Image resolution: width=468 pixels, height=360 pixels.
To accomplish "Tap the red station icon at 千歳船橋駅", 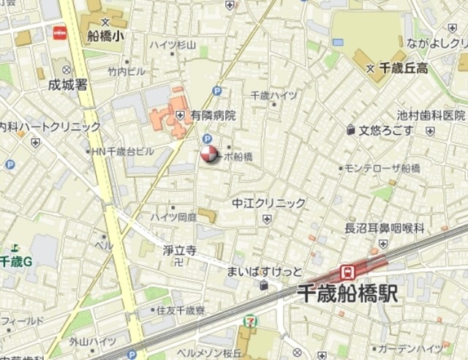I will pos(349,272).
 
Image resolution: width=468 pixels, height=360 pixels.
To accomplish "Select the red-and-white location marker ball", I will pos(209,154).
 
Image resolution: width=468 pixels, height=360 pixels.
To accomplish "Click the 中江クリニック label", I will pos(268,203).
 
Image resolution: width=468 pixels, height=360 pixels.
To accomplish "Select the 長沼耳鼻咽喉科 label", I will pos(385,228).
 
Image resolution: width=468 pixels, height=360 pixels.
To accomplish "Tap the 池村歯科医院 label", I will pos(431,115).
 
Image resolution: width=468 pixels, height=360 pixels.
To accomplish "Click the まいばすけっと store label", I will pos(264,271).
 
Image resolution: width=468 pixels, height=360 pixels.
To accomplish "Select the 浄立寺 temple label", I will pos(179,250).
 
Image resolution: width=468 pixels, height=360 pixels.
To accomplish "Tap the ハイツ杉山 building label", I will pos(173,45).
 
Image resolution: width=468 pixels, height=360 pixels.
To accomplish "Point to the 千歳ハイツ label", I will pos(273,95).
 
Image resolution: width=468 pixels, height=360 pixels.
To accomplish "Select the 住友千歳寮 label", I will pos(181,310).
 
